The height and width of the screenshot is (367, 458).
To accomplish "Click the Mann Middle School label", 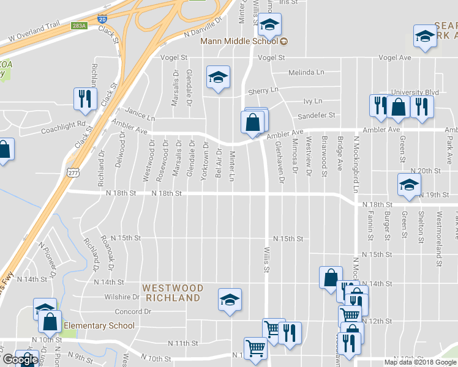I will click(240, 42).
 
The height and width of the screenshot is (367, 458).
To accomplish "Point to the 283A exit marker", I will click(79, 26).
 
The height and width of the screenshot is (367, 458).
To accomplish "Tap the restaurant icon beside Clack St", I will click(84, 98).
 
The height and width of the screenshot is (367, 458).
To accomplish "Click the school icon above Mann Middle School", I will click(268, 26).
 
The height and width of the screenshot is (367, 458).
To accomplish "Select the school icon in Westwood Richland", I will click(230, 300).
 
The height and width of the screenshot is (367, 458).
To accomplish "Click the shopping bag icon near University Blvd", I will click(398, 107).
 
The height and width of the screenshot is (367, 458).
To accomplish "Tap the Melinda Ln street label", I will click(307, 72).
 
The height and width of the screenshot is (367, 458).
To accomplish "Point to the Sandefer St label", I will click(317, 115).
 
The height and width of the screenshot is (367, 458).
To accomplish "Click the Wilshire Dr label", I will click(122, 297).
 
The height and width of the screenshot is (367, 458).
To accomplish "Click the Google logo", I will click(20, 360).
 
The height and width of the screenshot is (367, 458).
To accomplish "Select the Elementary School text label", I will click(99, 326).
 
